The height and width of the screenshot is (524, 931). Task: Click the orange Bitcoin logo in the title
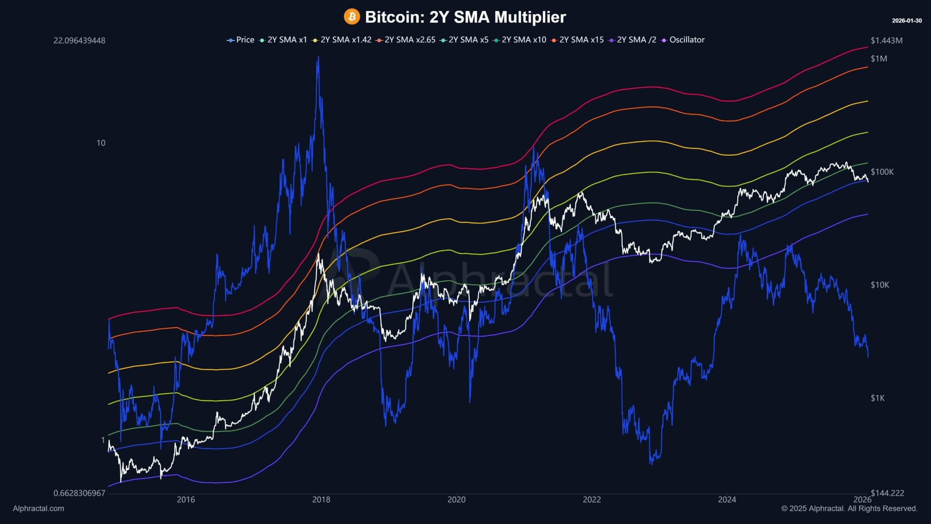352,17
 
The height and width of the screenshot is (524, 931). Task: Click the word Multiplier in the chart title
530,17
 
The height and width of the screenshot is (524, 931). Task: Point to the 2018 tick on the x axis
321,500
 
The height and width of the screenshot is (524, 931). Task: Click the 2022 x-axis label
592,500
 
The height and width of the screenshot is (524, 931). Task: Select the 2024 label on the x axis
727,500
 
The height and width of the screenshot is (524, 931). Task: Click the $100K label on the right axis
882,172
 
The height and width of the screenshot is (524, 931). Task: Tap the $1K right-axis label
878,398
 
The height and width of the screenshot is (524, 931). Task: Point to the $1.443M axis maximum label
886,40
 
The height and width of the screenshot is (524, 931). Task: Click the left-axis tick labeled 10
101,143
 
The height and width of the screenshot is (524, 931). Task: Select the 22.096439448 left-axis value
79,40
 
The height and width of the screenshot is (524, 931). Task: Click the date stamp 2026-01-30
907,21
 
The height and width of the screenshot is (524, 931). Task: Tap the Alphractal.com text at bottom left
38,508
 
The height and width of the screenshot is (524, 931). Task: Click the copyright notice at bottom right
849,508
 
